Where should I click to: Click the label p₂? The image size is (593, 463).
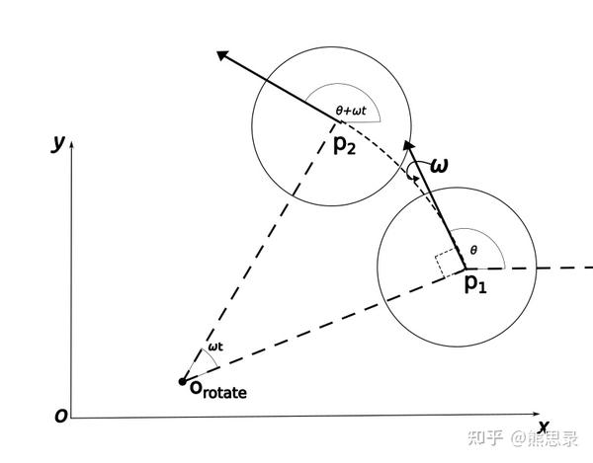click(x=346, y=144)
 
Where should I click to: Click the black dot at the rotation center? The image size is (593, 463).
click(x=182, y=381)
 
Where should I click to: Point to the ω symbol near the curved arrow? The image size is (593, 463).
click(x=439, y=165)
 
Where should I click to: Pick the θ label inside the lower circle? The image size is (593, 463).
click(x=473, y=251)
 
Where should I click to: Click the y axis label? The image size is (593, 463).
click(x=59, y=143)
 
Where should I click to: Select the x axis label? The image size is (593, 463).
click(x=543, y=400)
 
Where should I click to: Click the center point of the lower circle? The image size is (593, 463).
click(x=457, y=269)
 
